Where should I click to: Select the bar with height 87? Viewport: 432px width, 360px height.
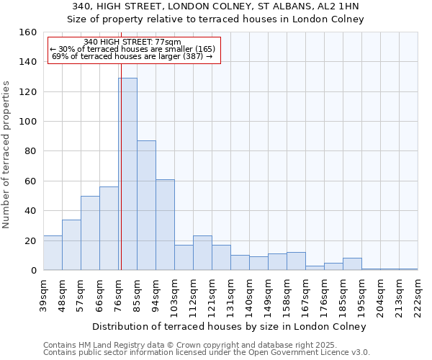tap(146, 205)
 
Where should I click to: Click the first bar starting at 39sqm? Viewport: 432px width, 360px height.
tap(53, 253)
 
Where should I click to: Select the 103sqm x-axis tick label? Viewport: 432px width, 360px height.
tap(175, 294)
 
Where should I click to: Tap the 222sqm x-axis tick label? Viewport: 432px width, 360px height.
tap(418, 294)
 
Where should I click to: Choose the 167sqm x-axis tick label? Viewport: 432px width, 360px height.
tap(306, 294)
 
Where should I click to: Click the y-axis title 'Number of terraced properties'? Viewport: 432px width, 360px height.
tap(7, 155)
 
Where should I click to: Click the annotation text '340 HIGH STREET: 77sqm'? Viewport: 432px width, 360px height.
tap(132, 42)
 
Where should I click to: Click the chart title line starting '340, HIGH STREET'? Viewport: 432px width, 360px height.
tap(215, 6)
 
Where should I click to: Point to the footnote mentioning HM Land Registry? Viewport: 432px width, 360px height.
tap(205, 344)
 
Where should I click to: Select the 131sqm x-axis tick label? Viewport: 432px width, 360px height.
tap(231, 294)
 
